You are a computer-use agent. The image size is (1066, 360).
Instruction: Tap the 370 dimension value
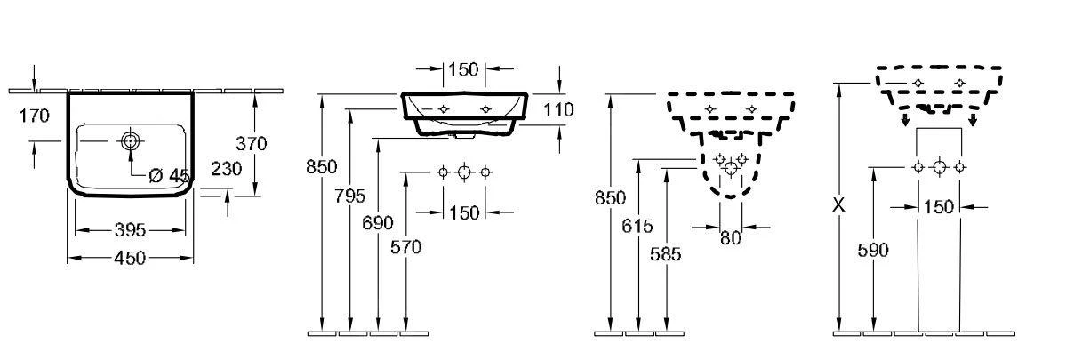coord(252,142)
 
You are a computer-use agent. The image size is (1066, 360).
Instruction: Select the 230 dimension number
coord(228,169)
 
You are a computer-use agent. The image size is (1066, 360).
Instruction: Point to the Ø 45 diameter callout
coord(169,176)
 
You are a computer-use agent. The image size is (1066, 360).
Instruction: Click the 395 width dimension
coord(131,231)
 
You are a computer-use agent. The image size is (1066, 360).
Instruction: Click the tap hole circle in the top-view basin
coord(131,140)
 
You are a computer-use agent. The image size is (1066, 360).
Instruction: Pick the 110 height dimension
coord(558,109)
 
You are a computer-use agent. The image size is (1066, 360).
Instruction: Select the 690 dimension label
coord(379,222)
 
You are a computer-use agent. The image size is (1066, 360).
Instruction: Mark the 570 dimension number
coord(406,248)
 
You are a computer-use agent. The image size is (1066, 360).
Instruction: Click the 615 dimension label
coord(637,228)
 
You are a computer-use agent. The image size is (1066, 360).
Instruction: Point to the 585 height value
coord(666,254)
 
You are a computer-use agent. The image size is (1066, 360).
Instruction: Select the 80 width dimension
coord(730,238)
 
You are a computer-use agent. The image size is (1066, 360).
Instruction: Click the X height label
coord(838,204)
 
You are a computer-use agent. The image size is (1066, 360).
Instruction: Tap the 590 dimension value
coord(874,251)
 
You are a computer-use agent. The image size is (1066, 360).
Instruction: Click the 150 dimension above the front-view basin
coord(463,69)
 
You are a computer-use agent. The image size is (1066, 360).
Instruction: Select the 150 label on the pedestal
coord(938,207)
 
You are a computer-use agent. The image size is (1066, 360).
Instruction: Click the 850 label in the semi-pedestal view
coord(610,197)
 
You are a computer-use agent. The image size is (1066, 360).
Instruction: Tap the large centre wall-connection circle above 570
coord(463,172)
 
